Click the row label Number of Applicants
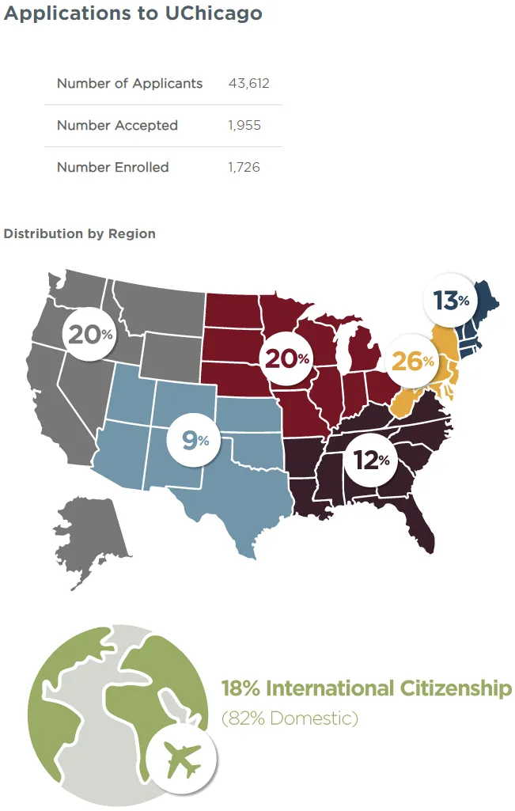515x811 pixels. [x=130, y=84]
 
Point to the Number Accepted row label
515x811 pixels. [x=117, y=126]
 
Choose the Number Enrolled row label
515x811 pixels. [x=112, y=168]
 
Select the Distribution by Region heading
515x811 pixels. [x=79, y=234]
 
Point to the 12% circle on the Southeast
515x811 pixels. [x=371, y=459]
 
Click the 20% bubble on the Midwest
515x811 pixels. [x=286, y=358]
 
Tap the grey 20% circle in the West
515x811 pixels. [x=89, y=334]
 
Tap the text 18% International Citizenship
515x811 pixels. [x=366, y=688]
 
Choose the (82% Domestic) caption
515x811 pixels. [x=290, y=719]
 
